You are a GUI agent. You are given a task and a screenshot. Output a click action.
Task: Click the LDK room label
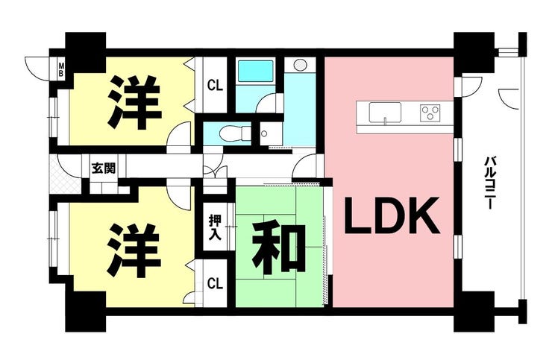[392, 215]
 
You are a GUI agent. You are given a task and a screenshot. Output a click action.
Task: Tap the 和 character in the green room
[279, 249]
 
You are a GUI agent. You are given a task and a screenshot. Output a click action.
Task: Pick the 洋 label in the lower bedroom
[134, 250]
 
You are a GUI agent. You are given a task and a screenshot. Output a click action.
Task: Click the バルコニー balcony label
[489, 183]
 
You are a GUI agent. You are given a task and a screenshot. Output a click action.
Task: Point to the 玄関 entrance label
[104, 168]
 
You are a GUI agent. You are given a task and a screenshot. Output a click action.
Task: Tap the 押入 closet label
[215, 227]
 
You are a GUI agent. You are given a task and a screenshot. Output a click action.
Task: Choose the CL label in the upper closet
[215, 86]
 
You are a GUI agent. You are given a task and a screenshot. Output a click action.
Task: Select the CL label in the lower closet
[215, 283]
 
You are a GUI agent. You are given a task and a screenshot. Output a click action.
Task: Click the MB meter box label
[61, 70]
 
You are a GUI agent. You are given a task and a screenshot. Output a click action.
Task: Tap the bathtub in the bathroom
[256, 71]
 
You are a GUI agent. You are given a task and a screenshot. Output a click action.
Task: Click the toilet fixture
[233, 133]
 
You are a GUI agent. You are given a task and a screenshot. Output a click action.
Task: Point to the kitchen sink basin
[385, 113]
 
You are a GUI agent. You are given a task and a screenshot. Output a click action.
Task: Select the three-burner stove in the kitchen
[430, 113]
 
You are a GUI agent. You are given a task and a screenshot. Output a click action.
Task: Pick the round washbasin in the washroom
[301, 65]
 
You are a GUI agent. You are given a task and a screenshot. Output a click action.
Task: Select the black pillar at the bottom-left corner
[85, 311]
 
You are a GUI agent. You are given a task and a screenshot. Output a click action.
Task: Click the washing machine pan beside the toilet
[271, 133]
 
